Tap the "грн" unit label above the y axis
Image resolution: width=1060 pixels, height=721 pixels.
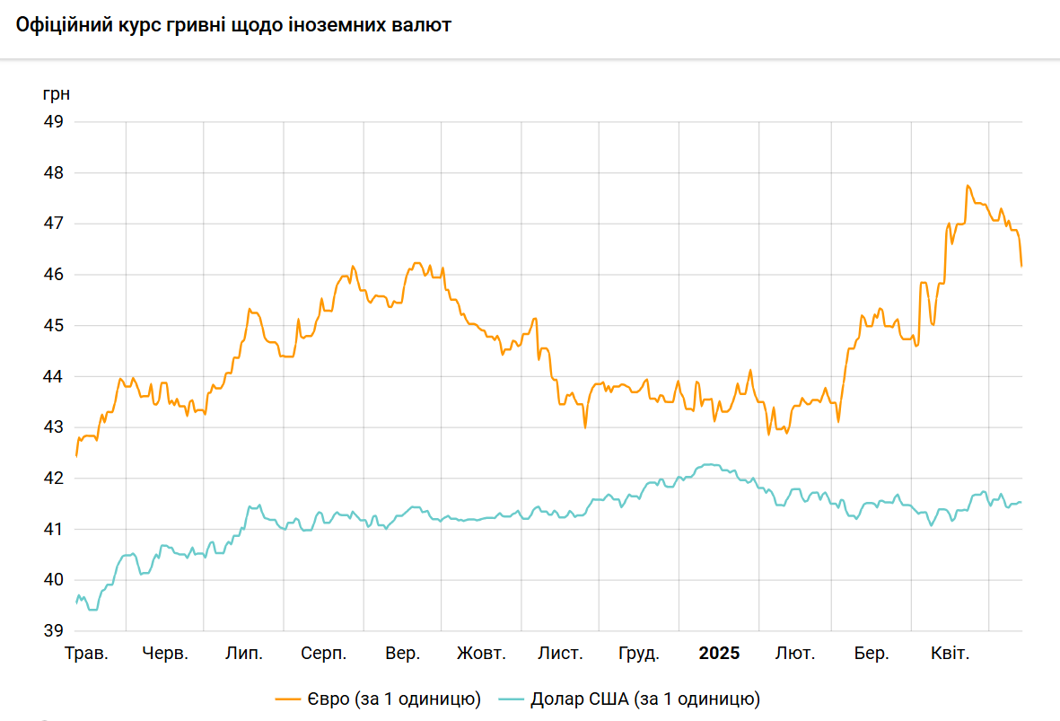[56, 93]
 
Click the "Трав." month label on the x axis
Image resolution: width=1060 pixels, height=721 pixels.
[86, 654]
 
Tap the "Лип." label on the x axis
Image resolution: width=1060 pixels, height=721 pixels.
[244, 654]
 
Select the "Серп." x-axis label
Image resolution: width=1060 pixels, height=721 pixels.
[324, 654]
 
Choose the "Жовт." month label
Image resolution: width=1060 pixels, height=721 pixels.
[481, 654]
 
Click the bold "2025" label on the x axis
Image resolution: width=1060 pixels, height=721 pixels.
[719, 654]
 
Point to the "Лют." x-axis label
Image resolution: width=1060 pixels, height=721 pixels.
[795, 654]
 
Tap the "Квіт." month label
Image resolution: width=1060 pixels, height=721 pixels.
[950, 654]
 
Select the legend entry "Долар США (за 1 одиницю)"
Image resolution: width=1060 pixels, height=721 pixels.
[645, 699]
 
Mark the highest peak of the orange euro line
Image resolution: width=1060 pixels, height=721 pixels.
[968, 186]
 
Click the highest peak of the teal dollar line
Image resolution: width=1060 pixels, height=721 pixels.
[709, 464]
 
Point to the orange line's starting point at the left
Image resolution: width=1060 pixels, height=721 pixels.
[76, 455]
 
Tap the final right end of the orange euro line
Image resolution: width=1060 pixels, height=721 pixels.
[1021, 266]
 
